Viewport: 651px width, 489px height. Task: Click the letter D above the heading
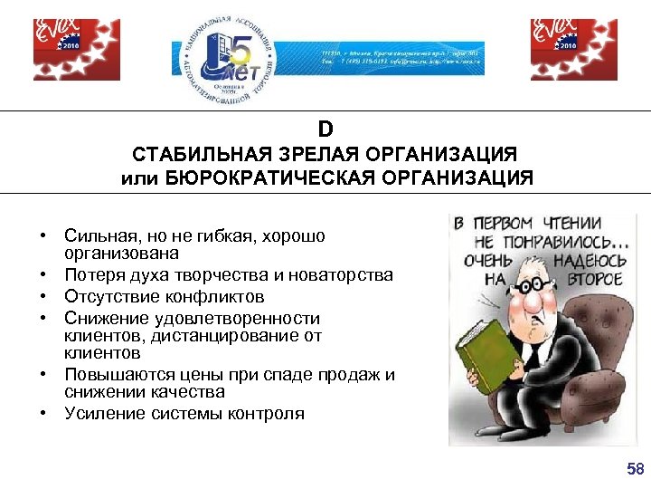(x=325, y=129)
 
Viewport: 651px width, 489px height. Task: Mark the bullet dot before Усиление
(x=42, y=414)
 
